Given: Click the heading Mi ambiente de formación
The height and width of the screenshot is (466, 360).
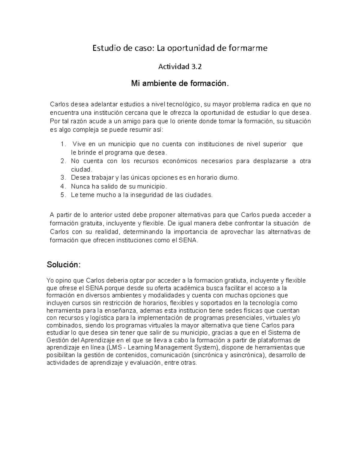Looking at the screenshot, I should click(180, 83).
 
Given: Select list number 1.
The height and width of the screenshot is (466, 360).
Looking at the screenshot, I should click(62, 144).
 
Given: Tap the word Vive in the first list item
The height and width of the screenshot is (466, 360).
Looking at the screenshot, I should click(79, 144).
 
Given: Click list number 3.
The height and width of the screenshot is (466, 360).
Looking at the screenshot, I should click(62, 178).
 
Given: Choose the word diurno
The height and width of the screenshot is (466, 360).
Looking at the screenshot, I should click(229, 178).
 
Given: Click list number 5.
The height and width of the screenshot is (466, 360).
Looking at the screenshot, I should click(62, 195).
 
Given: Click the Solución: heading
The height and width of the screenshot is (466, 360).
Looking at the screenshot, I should click(64, 265).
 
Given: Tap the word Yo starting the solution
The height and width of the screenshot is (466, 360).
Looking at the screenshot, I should click(50, 281).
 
